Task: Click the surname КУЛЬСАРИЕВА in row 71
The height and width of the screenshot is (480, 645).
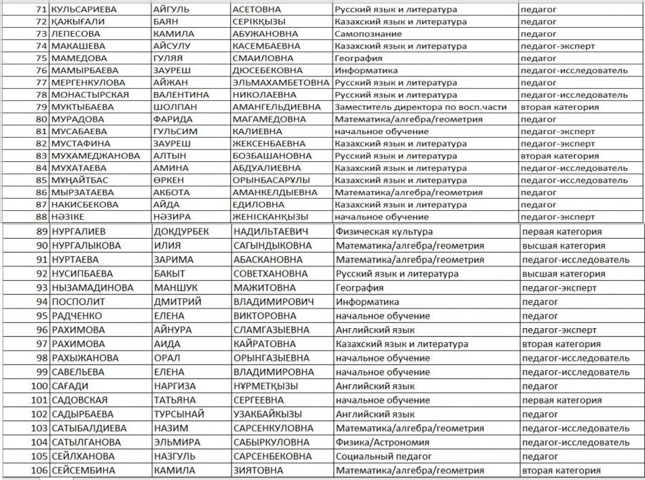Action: pos(84,9)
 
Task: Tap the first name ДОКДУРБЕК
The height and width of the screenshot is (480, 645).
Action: pos(181,231)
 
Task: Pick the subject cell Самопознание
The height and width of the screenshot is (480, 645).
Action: pos(367,34)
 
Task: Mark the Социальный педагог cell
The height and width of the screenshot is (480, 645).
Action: pos(381,456)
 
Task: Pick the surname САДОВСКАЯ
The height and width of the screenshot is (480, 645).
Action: pos(79,400)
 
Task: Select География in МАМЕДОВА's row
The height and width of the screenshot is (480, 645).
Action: pos(358,58)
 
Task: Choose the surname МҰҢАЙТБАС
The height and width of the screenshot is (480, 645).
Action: pos(77,180)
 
